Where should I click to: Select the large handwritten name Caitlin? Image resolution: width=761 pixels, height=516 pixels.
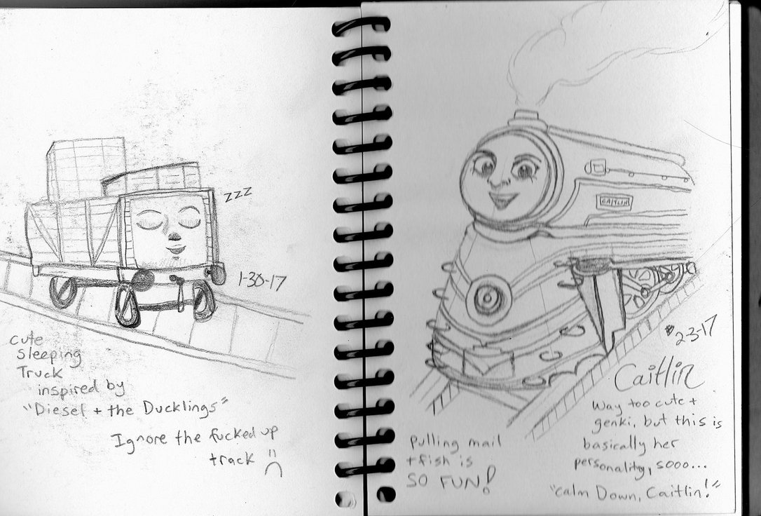pos(659,379)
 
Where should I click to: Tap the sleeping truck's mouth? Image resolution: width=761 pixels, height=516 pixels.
pos(175,250)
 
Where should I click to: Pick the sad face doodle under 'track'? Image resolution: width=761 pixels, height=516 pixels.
pos(273,468)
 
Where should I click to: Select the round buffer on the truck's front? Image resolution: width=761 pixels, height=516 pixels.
pos(143,280)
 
